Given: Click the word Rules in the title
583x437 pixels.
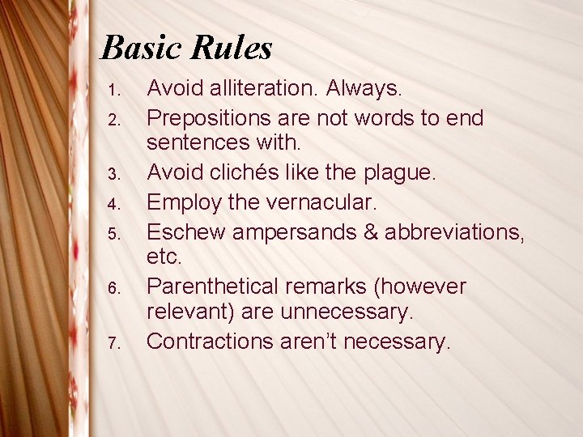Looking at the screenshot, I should point(232,49).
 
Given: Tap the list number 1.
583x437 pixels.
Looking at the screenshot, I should point(115,88).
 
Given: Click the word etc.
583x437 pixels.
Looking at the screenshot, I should point(165,257).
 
